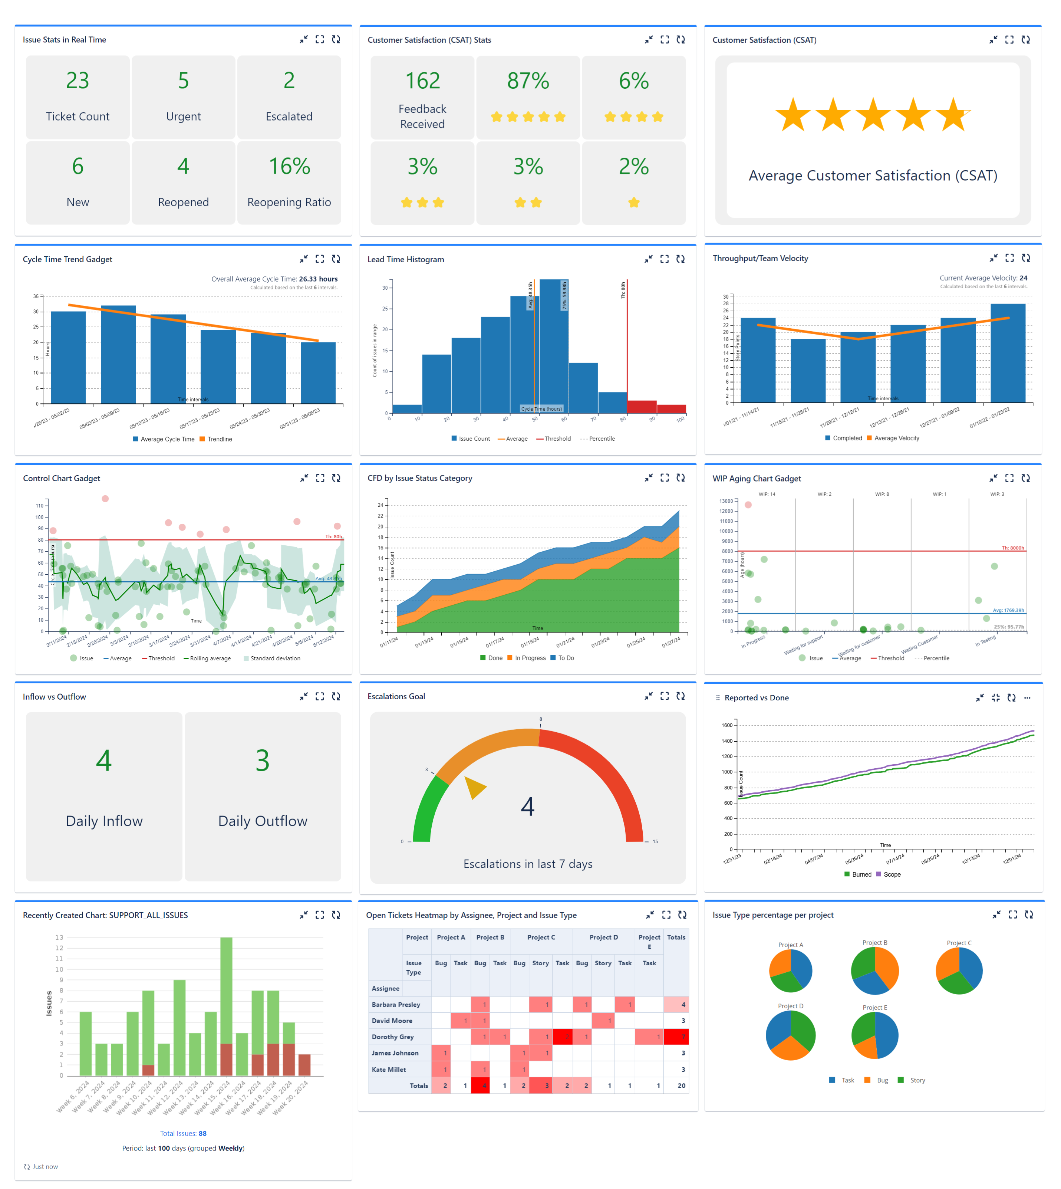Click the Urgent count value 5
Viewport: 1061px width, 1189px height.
(183, 81)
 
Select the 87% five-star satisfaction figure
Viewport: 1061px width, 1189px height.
(528, 81)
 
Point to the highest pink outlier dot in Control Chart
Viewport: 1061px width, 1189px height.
(105, 499)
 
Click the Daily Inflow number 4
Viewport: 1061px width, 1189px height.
(104, 760)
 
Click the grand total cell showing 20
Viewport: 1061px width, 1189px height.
(681, 1086)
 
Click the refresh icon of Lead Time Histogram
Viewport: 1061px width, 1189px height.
(680, 259)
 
